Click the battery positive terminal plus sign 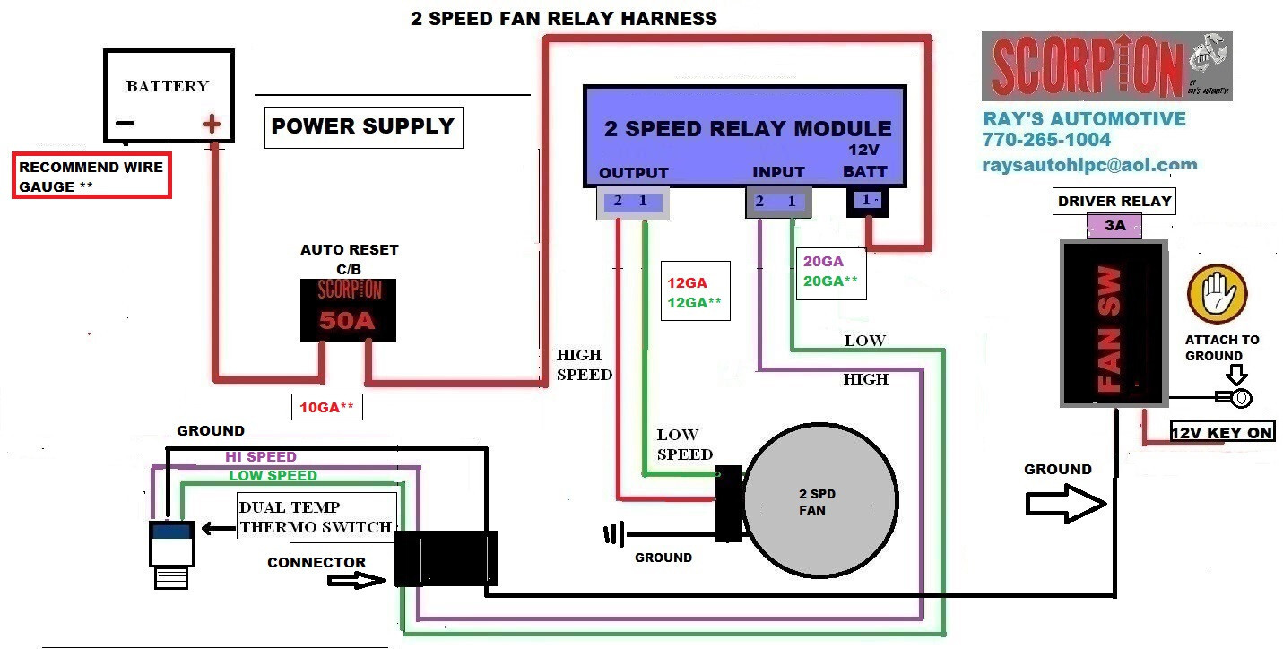(x=212, y=124)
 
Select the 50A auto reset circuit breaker (x=348, y=309)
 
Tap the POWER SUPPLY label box (x=363, y=126)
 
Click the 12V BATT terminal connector (x=867, y=202)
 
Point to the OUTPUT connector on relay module (x=630, y=202)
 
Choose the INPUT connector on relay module (x=777, y=202)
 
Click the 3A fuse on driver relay (x=1114, y=226)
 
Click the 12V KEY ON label (x=1222, y=433)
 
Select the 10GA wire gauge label (x=326, y=408)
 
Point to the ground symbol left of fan (x=613, y=535)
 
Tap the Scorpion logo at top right (x=1106, y=66)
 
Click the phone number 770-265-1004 (x=1046, y=140)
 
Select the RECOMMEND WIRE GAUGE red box (x=91, y=177)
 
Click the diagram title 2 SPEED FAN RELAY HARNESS (x=564, y=18)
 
